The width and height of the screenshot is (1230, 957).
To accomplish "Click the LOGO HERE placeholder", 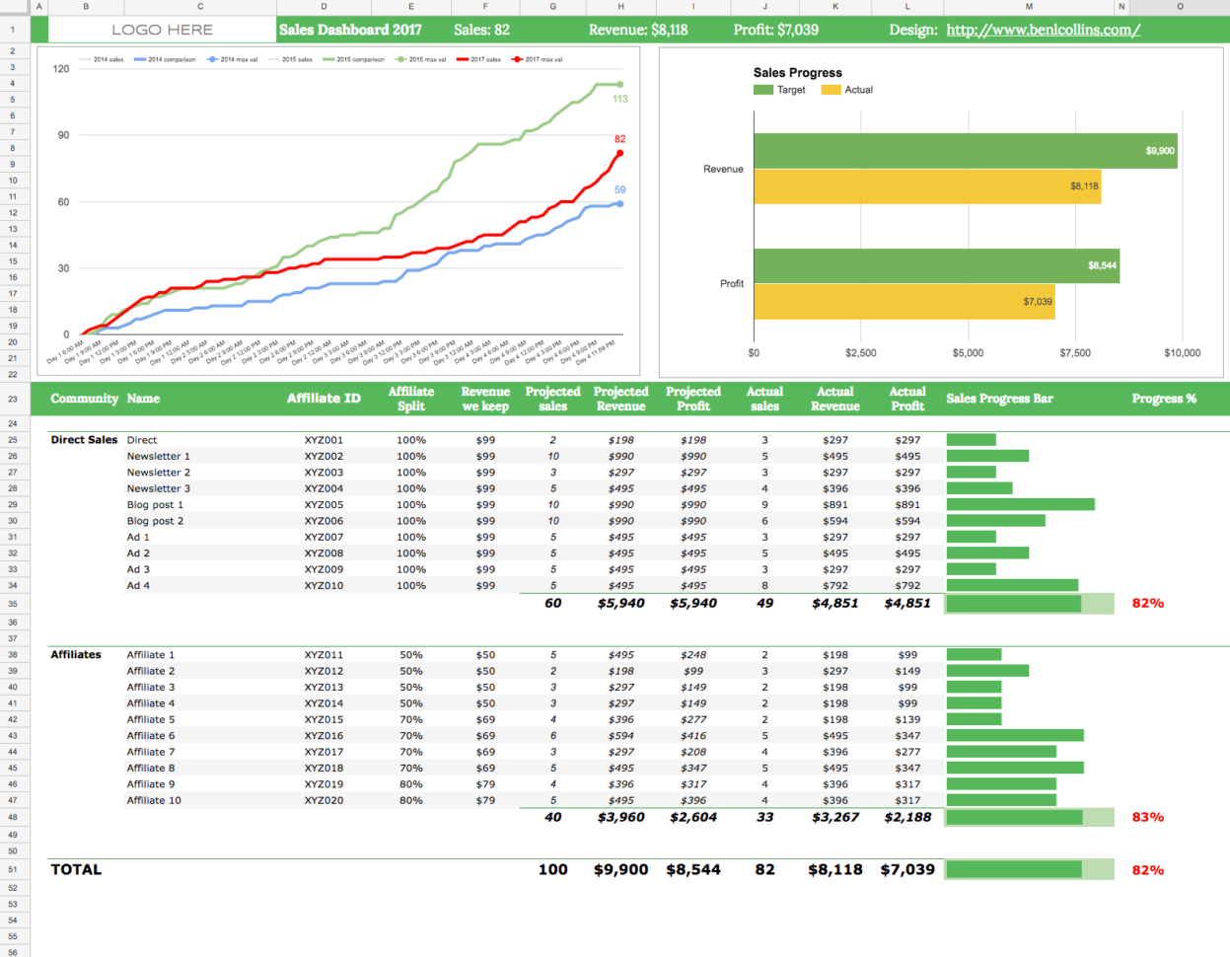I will pyautogui.click(x=162, y=30).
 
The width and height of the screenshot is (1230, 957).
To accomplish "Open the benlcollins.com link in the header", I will pyautogui.click(x=1043, y=30).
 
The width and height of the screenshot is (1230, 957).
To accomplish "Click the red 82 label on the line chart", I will pyautogui.click(x=619, y=139).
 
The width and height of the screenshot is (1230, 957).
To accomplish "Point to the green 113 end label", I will pyautogui.click(x=619, y=99).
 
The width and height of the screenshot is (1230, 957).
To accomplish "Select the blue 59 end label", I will pyautogui.click(x=619, y=189).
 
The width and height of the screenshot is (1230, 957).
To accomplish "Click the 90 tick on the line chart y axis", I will pyautogui.click(x=63, y=135).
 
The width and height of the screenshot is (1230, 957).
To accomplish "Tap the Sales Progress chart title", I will pyautogui.click(x=797, y=73).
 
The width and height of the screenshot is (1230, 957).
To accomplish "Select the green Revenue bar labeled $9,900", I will pyautogui.click(x=965, y=151).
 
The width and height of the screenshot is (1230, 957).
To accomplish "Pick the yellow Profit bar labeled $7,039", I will pyautogui.click(x=904, y=302).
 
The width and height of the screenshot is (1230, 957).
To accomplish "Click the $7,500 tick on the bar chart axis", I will pyautogui.click(x=1074, y=352).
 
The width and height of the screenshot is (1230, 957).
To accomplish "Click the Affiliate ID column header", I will pyautogui.click(x=324, y=399).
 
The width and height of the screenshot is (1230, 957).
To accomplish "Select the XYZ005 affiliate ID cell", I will pyautogui.click(x=324, y=505).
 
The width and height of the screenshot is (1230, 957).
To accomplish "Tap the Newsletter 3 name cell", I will pyautogui.click(x=158, y=488).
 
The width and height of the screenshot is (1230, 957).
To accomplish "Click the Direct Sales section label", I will pyautogui.click(x=84, y=440).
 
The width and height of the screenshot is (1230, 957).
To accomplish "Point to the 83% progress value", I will pyautogui.click(x=1147, y=817).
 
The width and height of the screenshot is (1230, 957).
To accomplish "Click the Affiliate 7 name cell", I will pyautogui.click(x=150, y=752).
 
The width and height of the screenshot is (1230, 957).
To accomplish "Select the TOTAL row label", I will pyautogui.click(x=76, y=869).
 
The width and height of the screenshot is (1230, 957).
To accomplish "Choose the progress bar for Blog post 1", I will pyautogui.click(x=1020, y=505).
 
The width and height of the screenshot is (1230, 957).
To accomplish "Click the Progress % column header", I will pyautogui.click(x=1163, y=399).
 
